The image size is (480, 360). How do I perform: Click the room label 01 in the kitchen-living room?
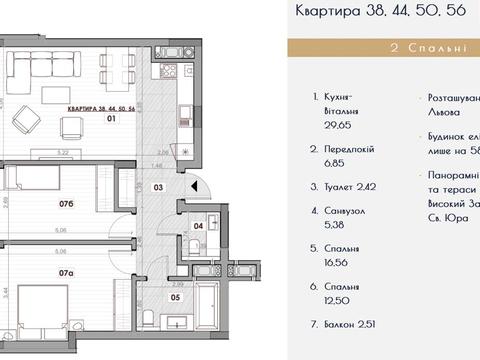pyautogui.click(x=112, y=119)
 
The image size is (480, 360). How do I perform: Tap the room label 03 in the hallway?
pyautogui.click(x=157, y=186)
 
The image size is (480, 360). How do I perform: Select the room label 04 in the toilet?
pyautogui.click(x=198, y=226)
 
